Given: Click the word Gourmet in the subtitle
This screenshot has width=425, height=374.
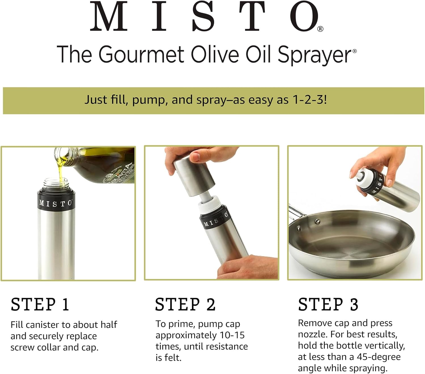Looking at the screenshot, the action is (141, 54).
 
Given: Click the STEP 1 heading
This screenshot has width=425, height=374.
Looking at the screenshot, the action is (40, 304).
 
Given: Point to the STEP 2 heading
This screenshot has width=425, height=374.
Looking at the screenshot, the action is (185, 304).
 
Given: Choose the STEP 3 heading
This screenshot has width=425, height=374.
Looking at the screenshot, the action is (328, 304).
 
